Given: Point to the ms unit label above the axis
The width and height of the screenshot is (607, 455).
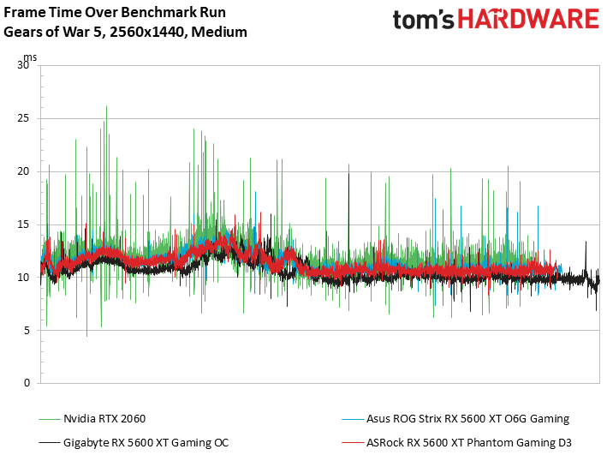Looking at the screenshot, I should point(30,57).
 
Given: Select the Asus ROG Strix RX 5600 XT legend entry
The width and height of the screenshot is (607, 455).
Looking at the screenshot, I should point(467,419).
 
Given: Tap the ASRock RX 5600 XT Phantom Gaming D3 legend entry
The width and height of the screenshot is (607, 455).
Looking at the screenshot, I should point(467,441).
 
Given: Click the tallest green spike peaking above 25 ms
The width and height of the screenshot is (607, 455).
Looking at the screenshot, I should point(106,108).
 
